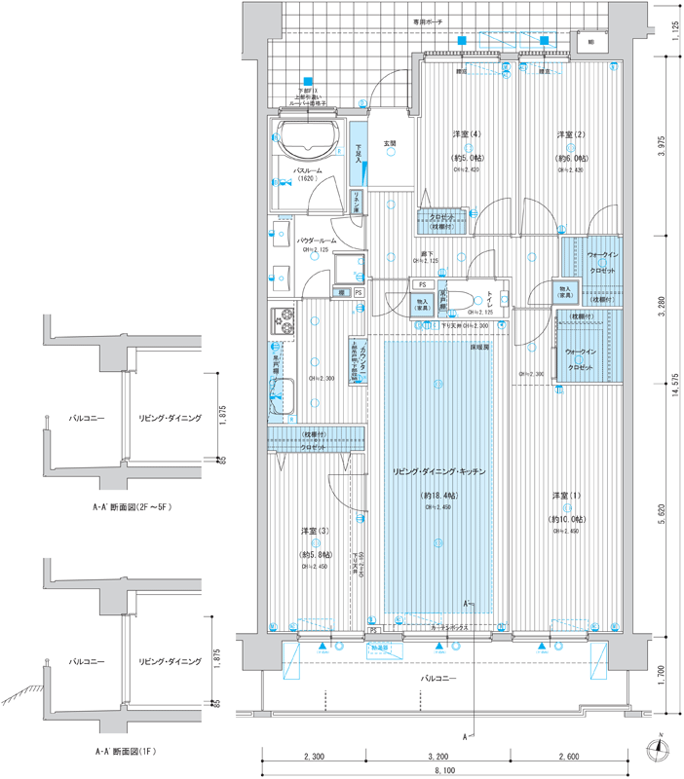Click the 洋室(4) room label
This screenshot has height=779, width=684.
pos(466,133)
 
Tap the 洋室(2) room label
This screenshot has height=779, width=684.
pos(570,133)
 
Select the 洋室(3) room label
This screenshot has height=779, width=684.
pos(313,531)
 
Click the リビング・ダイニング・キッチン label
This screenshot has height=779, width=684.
pos(439,471)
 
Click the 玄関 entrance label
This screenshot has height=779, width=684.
pos(390,144)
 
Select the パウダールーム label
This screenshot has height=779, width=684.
pos(317,240)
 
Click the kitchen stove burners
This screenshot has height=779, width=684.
pos(285,318)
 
